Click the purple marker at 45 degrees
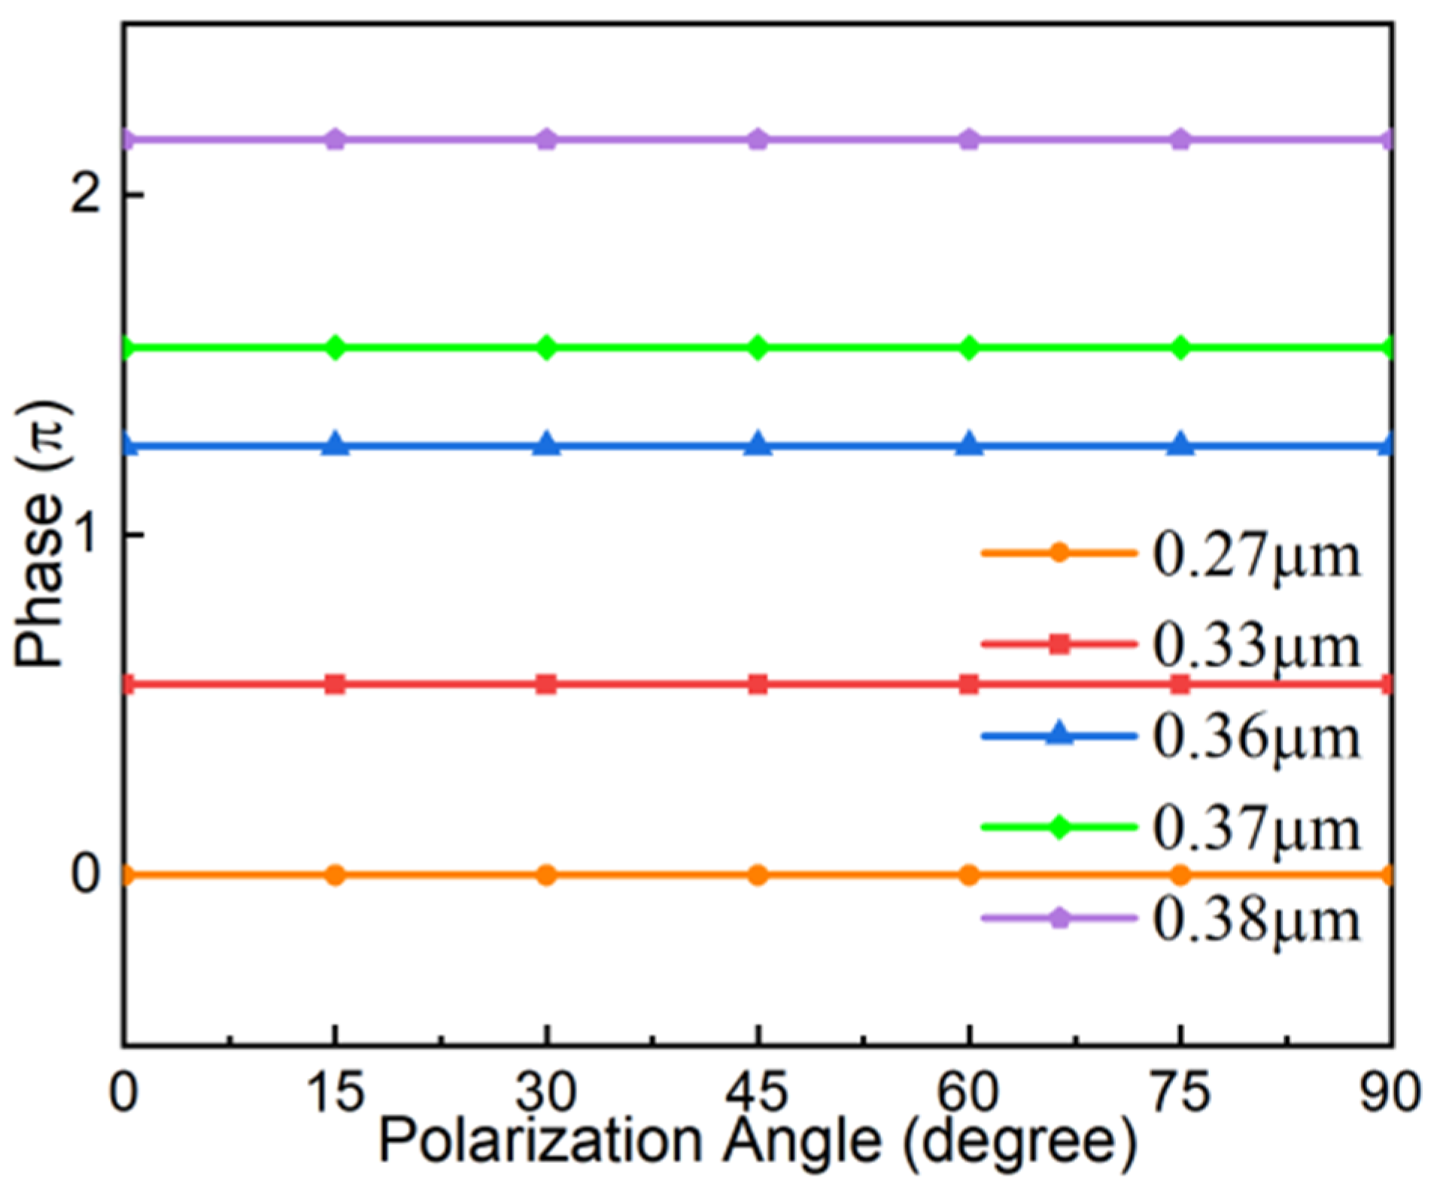click(x=758, y=139)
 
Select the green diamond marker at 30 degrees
click(x=547, y=348)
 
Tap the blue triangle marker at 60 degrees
click(x=970, y=445)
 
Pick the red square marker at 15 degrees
click(x=336, y=684)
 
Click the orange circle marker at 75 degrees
click(x=1181, y=875)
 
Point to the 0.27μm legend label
click(x=1256, y=557)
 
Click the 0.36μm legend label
click(x=1256, y=738)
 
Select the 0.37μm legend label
click(x=1256, y=829)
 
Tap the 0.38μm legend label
click(x=1256, y=920)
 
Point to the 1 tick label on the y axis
click(x=89, y=536)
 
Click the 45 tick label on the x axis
click(x=758, y=1092)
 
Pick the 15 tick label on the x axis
click(x=336, y=1092)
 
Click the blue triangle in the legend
click(x=1059, y=734)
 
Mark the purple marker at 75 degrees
click(x=1181, y=139)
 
